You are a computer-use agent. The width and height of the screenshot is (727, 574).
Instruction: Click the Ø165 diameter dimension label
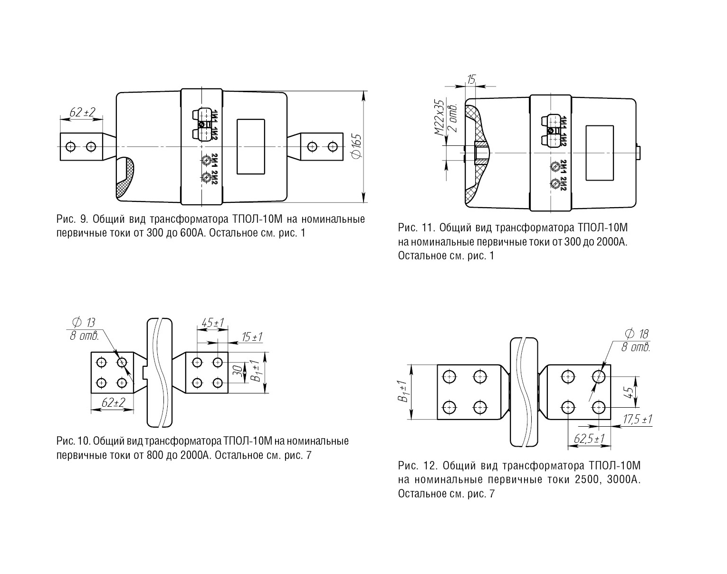tap(356, 146)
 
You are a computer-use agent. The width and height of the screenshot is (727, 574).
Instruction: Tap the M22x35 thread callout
tap(439, 117)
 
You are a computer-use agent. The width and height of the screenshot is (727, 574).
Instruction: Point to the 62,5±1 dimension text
tap(589, 439)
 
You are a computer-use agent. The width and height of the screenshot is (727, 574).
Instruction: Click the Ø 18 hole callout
tap(636, 334)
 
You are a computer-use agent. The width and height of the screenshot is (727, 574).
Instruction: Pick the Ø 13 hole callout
tap(84, 322)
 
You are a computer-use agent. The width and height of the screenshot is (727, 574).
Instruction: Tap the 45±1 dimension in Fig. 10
tap(213, 323)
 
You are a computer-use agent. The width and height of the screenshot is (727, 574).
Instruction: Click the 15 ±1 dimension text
tap(252, 337)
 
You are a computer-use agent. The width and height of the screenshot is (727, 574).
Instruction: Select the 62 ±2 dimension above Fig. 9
tap(82, 112)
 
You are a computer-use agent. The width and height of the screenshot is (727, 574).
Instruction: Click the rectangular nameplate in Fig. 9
tap(251, 147)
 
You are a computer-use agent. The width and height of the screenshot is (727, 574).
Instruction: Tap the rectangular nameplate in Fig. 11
tap(600, 153)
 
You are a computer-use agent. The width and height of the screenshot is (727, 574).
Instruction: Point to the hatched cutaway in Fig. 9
tap(125, 178)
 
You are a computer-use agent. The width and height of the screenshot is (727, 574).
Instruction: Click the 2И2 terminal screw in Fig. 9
tap(206, 176)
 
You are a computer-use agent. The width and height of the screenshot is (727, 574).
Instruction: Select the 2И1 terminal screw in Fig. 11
tap(555, 167)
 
